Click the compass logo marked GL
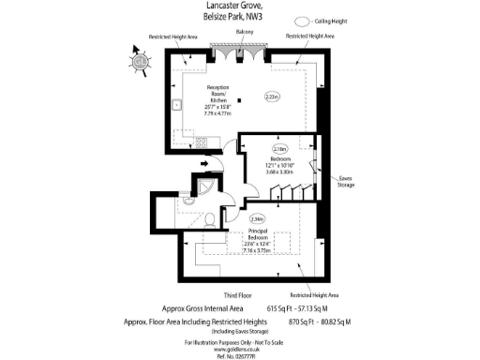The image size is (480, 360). tap(138, 63)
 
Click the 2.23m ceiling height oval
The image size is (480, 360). tap(272, 97)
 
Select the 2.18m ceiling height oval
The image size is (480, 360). tap(279, 148)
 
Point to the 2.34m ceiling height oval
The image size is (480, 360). tap(232, 219)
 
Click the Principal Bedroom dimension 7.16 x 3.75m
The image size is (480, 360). tap(257, 251)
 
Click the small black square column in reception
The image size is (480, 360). tap(241, 99)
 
